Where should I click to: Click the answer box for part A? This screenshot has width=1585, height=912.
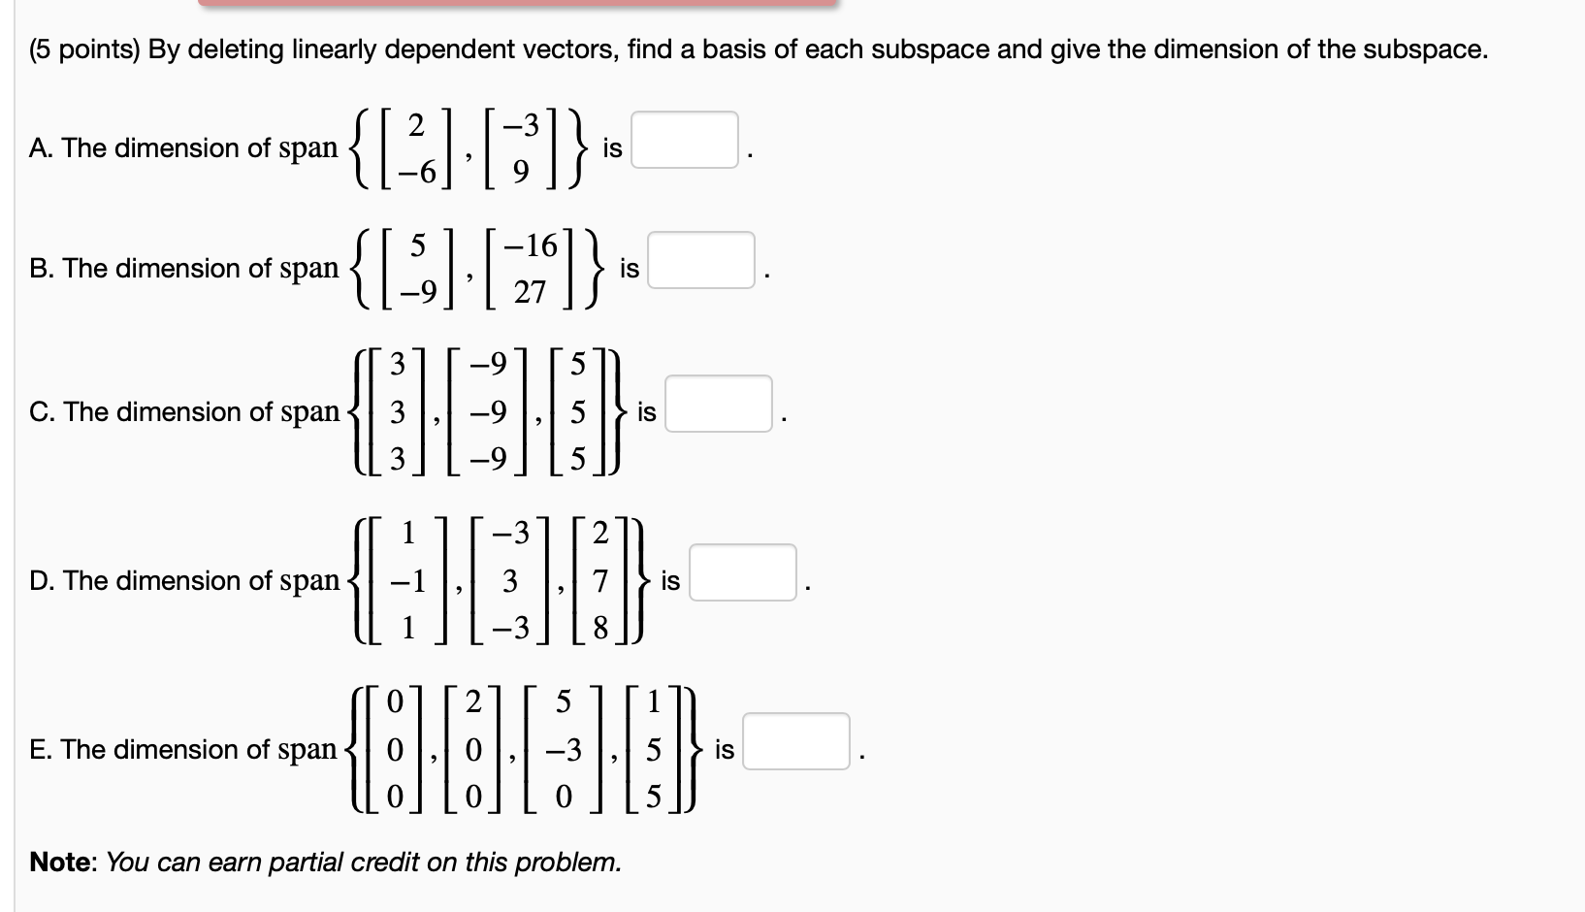click(x=685, y=140)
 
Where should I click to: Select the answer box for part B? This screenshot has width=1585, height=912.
click(x=701, y=260)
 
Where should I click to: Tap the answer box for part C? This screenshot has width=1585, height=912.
click(x=719, y=404)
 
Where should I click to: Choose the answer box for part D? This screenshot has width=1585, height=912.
click(x=743, y=572)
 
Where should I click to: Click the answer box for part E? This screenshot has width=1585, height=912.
click(x=796, y=741)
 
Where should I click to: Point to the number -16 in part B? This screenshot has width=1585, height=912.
click(x=530, y=245)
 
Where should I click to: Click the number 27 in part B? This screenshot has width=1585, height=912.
click(x=530, y=291)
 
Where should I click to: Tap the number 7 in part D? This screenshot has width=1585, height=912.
click(x=600, y=581)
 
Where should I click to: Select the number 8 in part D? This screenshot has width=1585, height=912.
click(x=600, y=629)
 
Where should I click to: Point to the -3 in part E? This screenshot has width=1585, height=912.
click(x=564, y=750)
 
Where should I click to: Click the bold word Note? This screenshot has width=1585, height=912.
click(x=61, y=862)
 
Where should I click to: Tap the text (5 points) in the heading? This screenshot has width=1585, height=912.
click(x=84, y=49)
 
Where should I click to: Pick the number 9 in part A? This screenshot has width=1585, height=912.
click(x=521, y=172)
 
